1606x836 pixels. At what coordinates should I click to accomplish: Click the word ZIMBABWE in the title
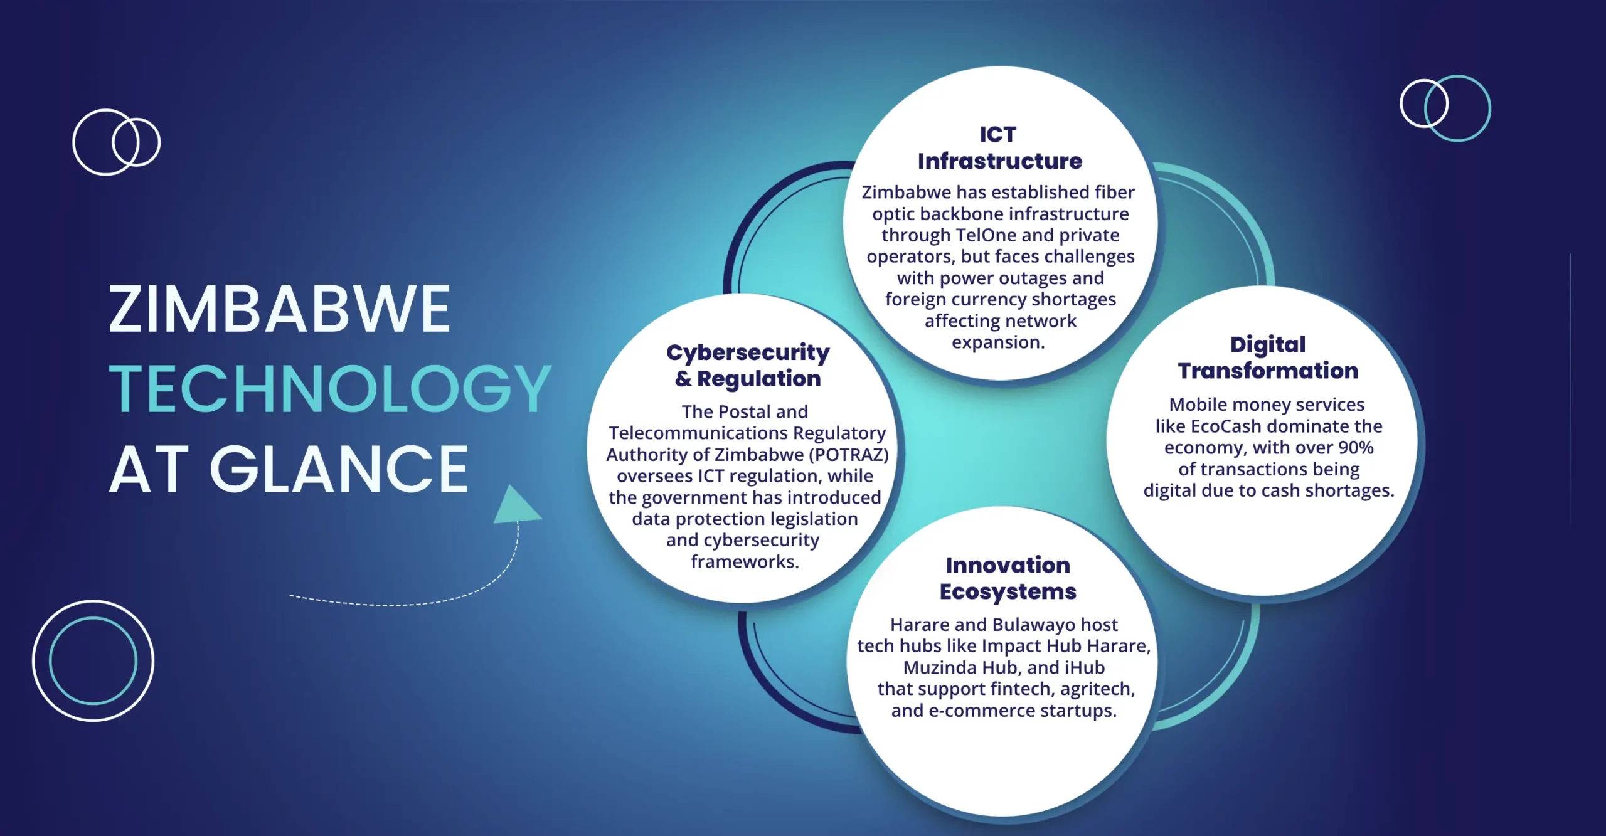tap(280, 309)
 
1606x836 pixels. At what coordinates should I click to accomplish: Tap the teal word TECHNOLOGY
tap(331, 389)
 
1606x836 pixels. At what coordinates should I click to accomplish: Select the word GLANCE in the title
tap(339, 468)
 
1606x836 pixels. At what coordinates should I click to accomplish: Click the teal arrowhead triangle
tap(516, 505)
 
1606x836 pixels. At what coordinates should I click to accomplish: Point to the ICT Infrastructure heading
tap(999, 148)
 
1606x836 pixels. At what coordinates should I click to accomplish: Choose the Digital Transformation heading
tap(1268, 357)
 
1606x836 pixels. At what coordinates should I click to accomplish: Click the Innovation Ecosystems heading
tap(1008, 578)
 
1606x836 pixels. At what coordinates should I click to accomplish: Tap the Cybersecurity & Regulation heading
tap(748, 366)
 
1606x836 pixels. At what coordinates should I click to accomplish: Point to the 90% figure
tap(1356, 448)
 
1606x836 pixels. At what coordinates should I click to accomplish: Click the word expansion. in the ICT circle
tap(998, 343)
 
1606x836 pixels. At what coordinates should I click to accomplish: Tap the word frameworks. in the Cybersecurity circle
tap(745, 562)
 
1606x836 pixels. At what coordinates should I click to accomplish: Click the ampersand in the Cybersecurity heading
tap(683, 379)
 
